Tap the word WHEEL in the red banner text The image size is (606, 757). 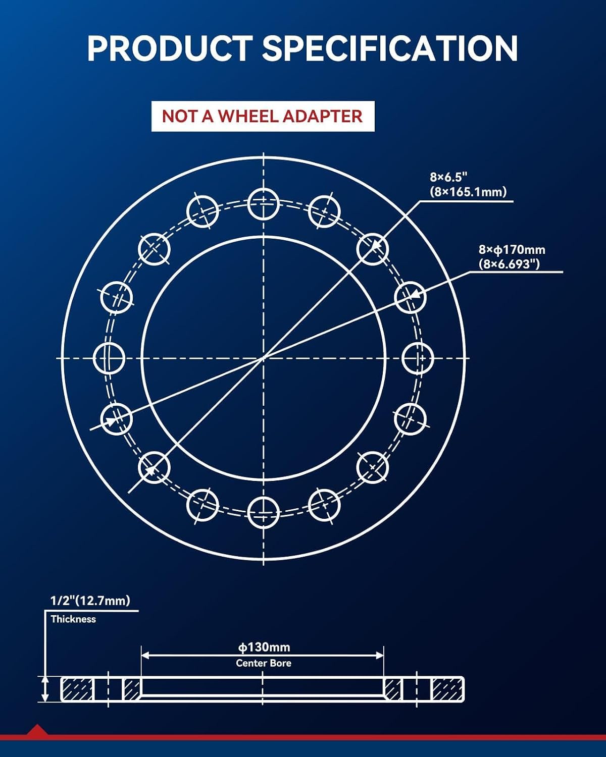(x=249, y=116)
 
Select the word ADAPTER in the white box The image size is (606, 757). (x=323, y=116)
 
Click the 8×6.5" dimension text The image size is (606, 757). (x=448, y=177)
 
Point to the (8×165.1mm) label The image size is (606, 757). (x=468, y=192)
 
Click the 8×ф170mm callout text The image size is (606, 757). (x=512, y=250)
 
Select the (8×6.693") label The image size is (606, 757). (x=509, y=264)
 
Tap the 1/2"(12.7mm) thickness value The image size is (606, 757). (x=90, y=600)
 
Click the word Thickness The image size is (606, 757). (x=73, y=619)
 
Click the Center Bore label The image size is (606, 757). (x=264, y=663)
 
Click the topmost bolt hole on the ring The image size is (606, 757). (x=264, y=204)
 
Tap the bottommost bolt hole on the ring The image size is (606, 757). (x=264, y=513)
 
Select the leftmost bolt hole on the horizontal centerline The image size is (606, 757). (x=109, y=358)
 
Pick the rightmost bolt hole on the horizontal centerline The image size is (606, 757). (x=418, y=358)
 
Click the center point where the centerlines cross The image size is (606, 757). (x=264, y=358)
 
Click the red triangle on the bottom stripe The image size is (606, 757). (x=37, y=730)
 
